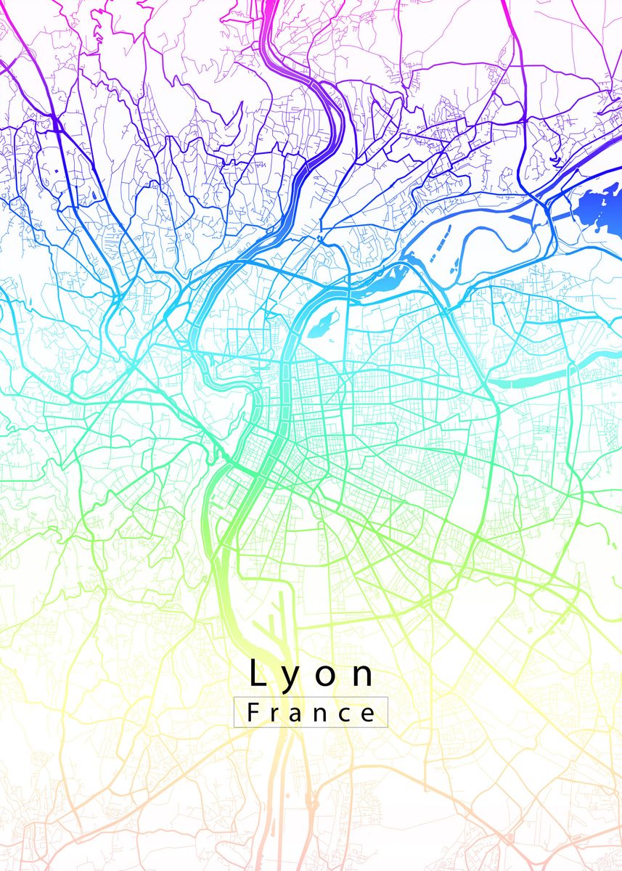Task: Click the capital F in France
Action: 253,712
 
